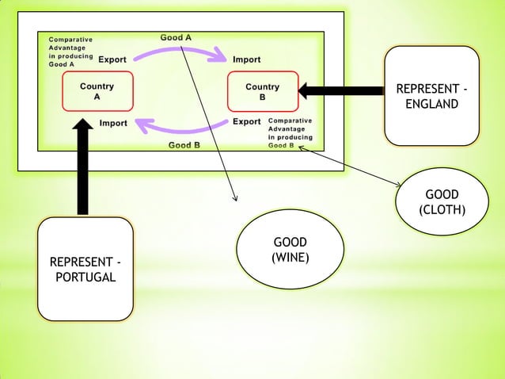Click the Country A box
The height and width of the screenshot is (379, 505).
[97, 91]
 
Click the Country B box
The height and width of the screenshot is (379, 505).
[262, 92]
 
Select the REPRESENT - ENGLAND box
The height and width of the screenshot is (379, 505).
[431, 96]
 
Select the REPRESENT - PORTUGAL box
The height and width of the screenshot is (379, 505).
[85, 269]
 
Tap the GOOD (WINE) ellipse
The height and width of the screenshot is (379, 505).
[290, 250]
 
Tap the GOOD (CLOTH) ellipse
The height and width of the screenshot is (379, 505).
[442, 202]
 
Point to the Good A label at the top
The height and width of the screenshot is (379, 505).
[176, 37]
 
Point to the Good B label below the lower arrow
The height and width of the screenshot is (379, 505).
[184, 145]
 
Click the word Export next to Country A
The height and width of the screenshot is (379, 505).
[112, 59]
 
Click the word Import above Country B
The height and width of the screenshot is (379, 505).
[247, 59]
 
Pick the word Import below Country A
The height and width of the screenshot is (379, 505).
[113, 123]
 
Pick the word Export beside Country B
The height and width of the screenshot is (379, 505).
[247, 122]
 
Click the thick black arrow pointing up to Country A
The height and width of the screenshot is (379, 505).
[83, 167]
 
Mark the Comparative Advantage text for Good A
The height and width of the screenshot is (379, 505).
[70, 52]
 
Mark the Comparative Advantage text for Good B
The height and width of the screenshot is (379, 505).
[290, 133]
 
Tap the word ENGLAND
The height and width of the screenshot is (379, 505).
[431, 104]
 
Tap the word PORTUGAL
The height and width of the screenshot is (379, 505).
[85, 277]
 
